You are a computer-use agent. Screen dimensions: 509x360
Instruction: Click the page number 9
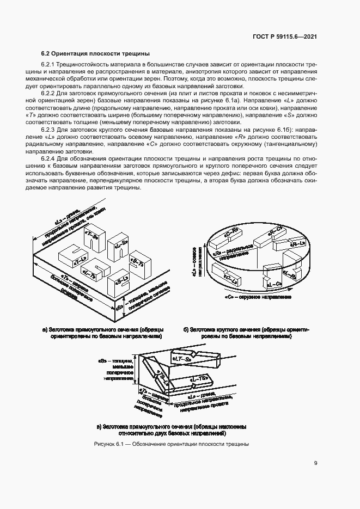coord(316,464)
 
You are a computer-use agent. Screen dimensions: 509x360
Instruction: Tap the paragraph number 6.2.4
coord(51,157)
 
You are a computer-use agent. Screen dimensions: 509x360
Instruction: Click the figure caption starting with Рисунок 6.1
coord(172,444)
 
